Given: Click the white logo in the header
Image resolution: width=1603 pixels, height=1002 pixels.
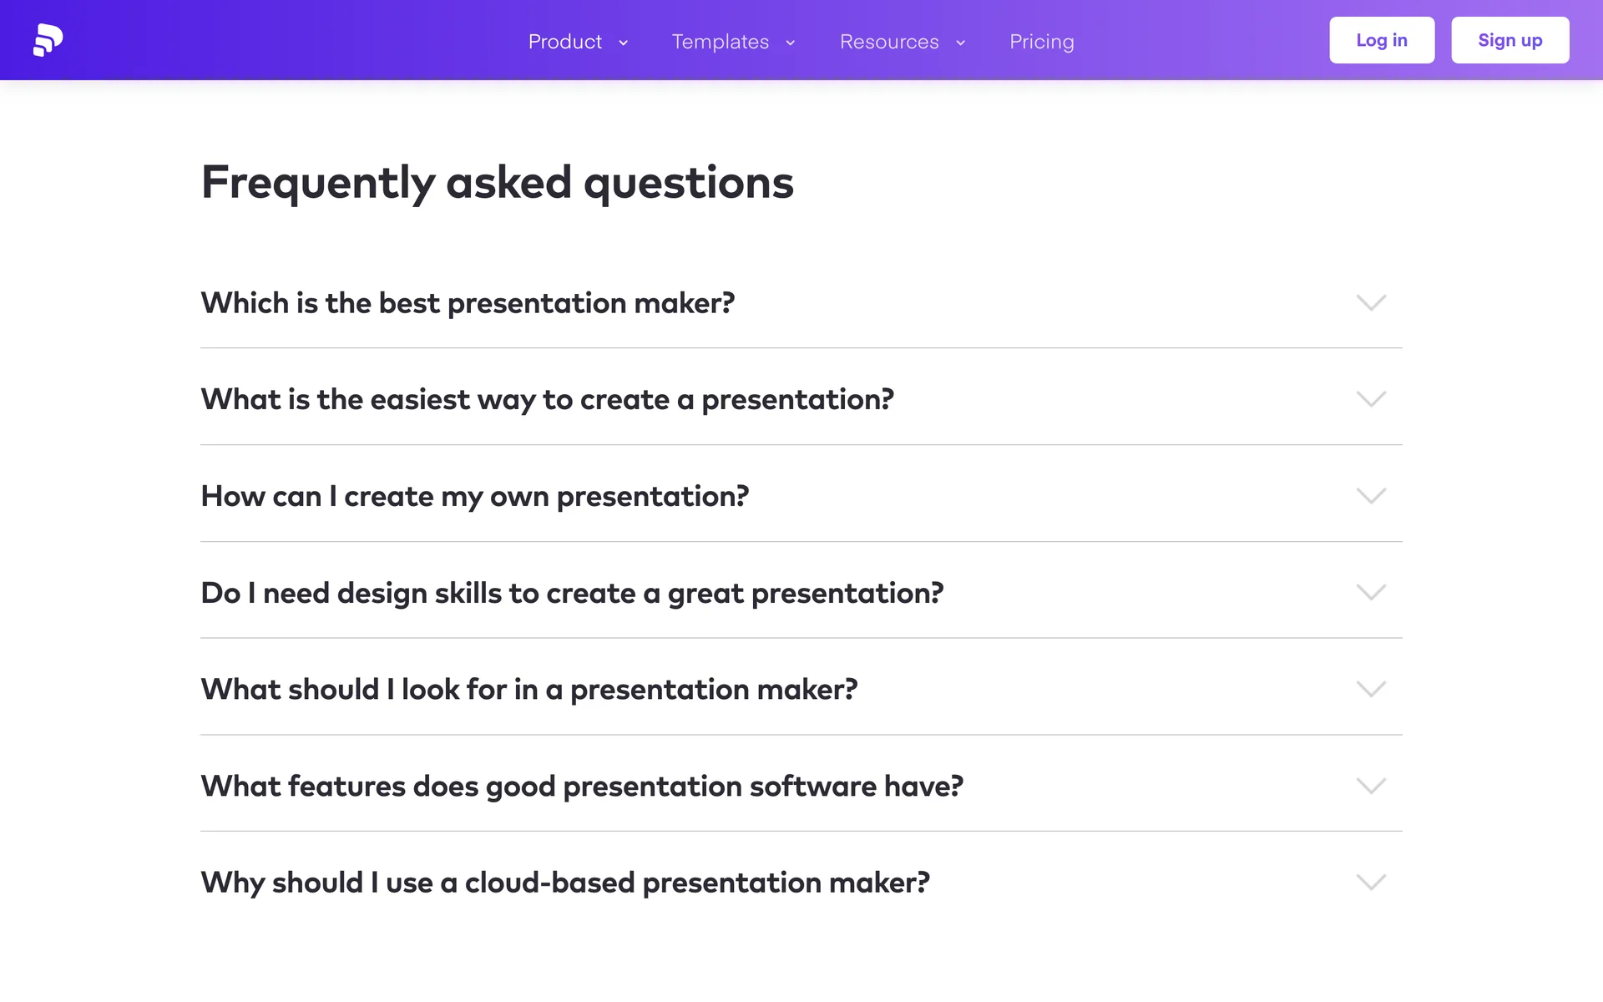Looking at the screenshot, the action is pos(48,40).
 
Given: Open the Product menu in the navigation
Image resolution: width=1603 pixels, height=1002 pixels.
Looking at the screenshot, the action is pos(565,42).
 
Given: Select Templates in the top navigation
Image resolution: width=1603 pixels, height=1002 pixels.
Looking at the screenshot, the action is pos(721,42).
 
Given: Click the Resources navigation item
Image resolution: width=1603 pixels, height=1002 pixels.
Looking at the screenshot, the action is pos(889,42).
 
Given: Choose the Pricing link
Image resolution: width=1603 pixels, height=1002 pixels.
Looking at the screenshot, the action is pos(1042,42).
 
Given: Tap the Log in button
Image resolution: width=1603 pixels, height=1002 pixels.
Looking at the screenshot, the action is pos(1382,40).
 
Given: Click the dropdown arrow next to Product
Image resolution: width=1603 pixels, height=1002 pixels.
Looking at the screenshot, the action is pos(623,43).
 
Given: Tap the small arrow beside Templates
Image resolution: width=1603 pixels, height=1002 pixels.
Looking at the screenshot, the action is pos(790,43).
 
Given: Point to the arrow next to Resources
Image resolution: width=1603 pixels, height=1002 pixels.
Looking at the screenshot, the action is pos(960,43).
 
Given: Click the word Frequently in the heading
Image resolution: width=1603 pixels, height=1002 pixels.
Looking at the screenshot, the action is pos(318,183).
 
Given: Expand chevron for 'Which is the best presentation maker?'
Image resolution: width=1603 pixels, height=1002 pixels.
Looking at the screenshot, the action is pos(1371,302).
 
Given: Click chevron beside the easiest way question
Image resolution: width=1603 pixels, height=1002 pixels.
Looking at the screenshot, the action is pos(1371,399).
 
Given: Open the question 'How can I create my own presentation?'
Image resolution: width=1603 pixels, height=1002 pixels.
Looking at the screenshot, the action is pos(475,496).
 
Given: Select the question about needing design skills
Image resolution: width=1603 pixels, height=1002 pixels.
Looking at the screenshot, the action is pos(572,593).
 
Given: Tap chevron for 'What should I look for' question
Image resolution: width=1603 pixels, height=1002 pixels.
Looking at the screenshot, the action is pos(1371,689).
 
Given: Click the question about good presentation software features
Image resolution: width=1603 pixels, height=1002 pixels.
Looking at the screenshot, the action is pos(582,786).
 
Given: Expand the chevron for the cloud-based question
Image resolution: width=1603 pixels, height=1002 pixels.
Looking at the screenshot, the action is pos(1371,883).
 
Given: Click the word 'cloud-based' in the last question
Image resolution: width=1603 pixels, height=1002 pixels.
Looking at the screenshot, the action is pos(549,883).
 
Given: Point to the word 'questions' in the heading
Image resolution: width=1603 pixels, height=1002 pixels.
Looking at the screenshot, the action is pos(689,183).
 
